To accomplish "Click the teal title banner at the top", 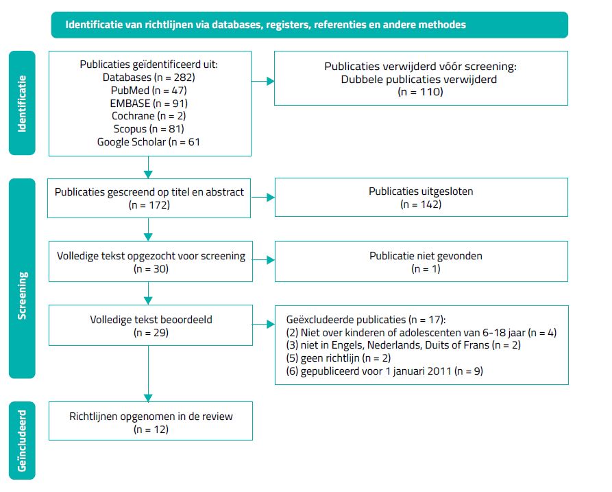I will tap(309, 25).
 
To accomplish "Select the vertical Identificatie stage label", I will tap(22, 104).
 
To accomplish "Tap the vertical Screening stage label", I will tap(22, 277).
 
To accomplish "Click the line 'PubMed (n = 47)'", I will tap(148, 90).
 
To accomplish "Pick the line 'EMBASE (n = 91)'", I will tap(148, 103).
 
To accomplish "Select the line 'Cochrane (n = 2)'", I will tap(148, 115).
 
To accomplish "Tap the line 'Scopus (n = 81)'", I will tap(148, 128).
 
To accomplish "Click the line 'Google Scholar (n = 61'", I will tap(148, 141).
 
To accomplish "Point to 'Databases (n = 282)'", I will tap(148, 78).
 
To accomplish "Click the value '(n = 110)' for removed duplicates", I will tap(421, 91).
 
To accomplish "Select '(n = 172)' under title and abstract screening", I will tap(148, 204).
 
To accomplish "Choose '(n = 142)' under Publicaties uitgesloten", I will tap(421, 204).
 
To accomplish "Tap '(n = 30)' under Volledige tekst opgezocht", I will tap(148, 269).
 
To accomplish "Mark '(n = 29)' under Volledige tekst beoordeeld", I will tap(148, 333).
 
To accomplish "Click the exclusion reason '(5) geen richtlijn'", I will tap(334, 358).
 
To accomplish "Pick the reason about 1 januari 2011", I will tap(369, 371).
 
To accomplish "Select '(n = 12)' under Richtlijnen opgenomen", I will tap(148, 430).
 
